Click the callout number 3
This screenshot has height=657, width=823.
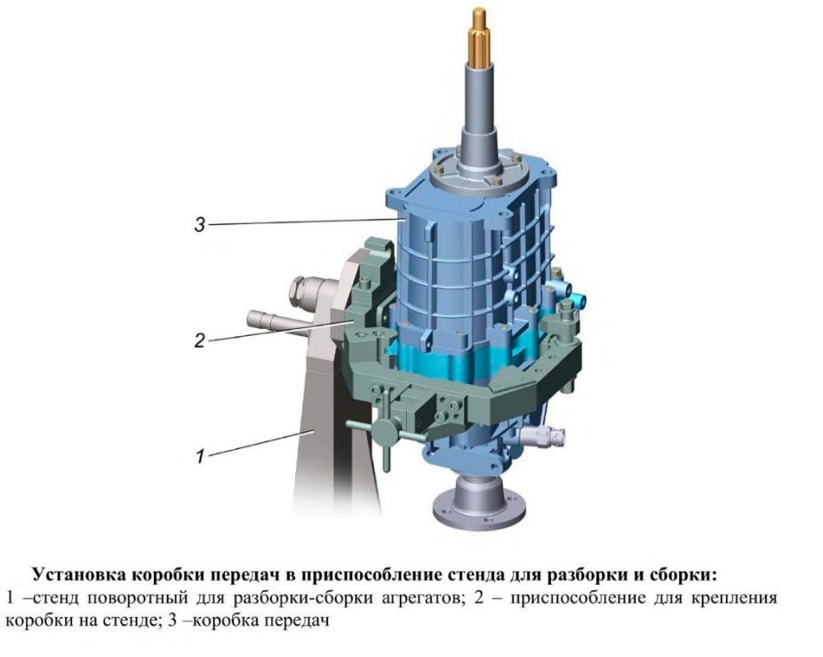199,225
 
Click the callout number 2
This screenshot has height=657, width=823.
199,341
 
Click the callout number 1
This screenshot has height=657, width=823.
200,456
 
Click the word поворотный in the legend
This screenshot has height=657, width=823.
138,598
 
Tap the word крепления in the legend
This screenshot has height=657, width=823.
734,598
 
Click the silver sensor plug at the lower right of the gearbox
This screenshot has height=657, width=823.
543,434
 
